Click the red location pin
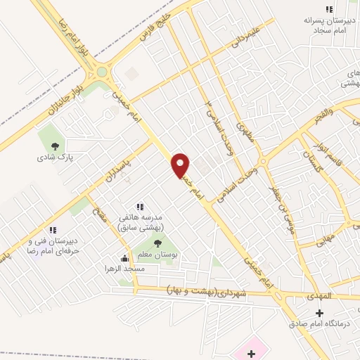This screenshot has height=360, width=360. click(181, 165)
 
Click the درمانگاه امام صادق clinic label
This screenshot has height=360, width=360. click(319, 323)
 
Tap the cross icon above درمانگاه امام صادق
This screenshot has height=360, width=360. click(320, 312)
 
